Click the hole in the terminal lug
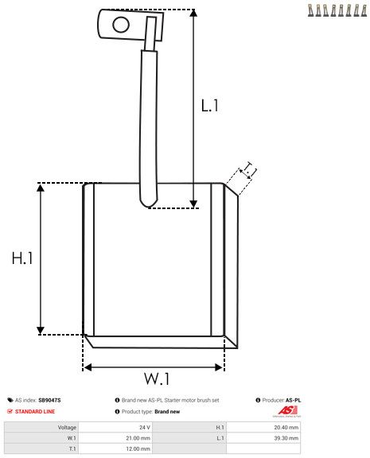[121, 24]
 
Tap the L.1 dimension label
[209, 104]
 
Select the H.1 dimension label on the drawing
[21, 258]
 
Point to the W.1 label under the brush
[156, 376]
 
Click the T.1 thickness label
[248, 169]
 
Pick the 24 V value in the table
[145, 427]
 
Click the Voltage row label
[67, 427]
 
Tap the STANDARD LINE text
[35, 411]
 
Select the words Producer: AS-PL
[281, 400]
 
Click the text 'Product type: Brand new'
[150, 411]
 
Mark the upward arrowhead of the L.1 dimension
[193, 14]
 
